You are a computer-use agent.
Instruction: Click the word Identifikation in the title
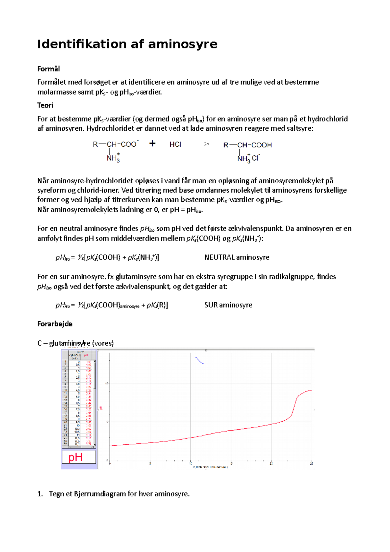tap(82, 44)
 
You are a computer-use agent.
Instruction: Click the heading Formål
tap(48, 69)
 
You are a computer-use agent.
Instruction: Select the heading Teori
tap(45, 105)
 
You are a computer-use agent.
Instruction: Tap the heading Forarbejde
tap(55, 324)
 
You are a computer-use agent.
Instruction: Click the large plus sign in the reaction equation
tap(152, 143)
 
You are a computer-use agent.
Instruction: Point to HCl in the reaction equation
tap(175, 144)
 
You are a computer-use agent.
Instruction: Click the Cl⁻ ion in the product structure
tap(256, 158)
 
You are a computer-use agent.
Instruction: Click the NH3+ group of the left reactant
tap(113, 158)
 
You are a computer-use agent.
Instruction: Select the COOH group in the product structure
tap(262, 145)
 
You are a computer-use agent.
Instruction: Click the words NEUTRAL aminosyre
tap(237, 257)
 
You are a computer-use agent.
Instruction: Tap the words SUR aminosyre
tap(228, 305)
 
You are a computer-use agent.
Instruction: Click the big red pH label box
tap(79, 457)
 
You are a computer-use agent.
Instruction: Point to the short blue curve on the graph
tap(199, 360)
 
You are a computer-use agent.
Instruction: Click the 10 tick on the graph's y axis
tap(107, 384)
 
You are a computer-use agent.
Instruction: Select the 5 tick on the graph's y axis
tap(107, 422)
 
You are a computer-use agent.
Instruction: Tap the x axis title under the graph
tap(211, 467)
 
